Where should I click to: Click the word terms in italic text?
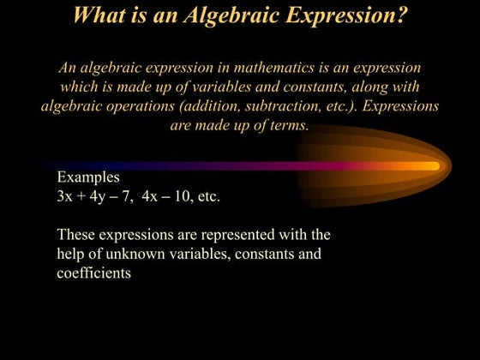coord(288,126)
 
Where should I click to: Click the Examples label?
coord(88,177)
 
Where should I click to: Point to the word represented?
coord(213,235)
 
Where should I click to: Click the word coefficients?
coord(93,274)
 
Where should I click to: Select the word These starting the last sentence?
coord(76,235)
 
